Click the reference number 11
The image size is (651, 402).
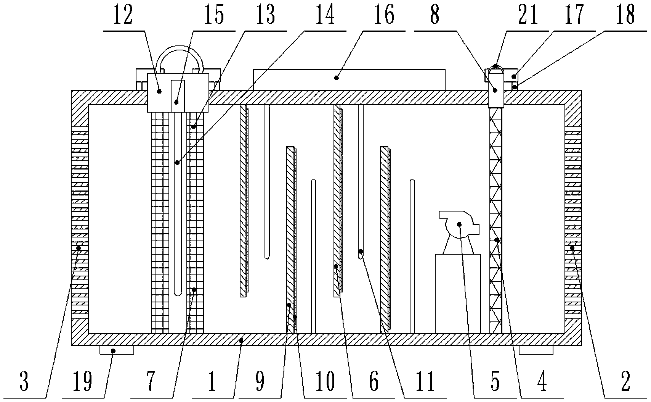click(x=426, y=381)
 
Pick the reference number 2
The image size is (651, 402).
click(x=625, y=381)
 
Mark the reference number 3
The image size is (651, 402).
click(x=24, y=381)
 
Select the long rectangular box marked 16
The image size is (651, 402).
click(x=349, y=79)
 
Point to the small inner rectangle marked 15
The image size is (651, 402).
click(x=177, y=95)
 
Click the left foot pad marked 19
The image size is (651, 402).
click(x=117, y=350)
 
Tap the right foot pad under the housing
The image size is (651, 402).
click(x=536, y=350)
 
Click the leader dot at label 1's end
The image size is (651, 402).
click(x=241, y=339)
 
